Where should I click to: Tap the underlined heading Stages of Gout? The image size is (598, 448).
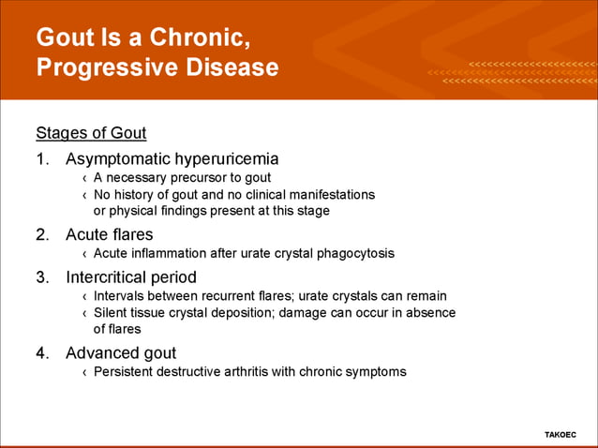91,132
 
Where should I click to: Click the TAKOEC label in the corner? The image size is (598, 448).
561,435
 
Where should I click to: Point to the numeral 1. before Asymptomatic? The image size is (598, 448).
43,158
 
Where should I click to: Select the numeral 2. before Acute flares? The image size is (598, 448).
43,234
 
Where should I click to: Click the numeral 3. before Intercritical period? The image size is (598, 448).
43,277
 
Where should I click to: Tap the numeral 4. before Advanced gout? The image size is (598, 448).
43,353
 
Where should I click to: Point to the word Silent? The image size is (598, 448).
112,312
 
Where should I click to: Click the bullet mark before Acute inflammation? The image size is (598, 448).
84,254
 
